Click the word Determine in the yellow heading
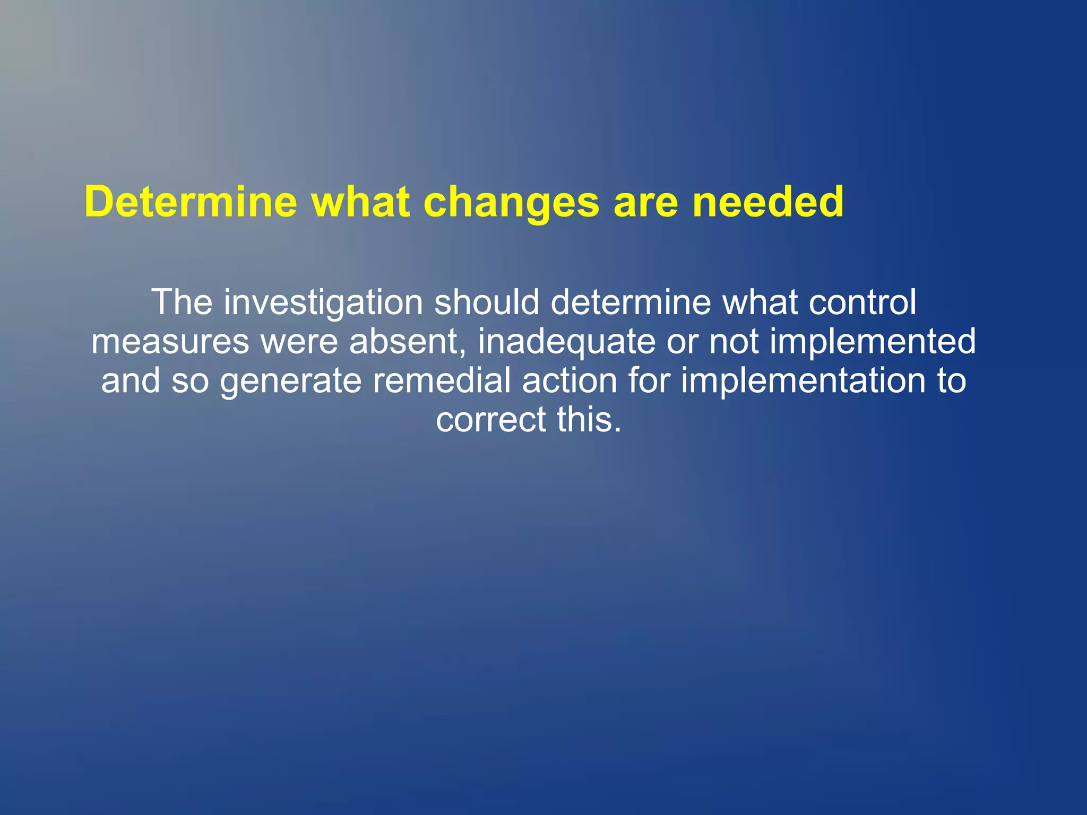tap(191, 202)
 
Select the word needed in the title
tap(768, 202)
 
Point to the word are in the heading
tap(646, 203)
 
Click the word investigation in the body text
tap(323, 302)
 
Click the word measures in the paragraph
tap(170, 342)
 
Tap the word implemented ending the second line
tap(873, 342)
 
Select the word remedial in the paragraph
tap(441, 381)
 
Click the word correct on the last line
tap(491, 420)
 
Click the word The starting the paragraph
tap(182, 302)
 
